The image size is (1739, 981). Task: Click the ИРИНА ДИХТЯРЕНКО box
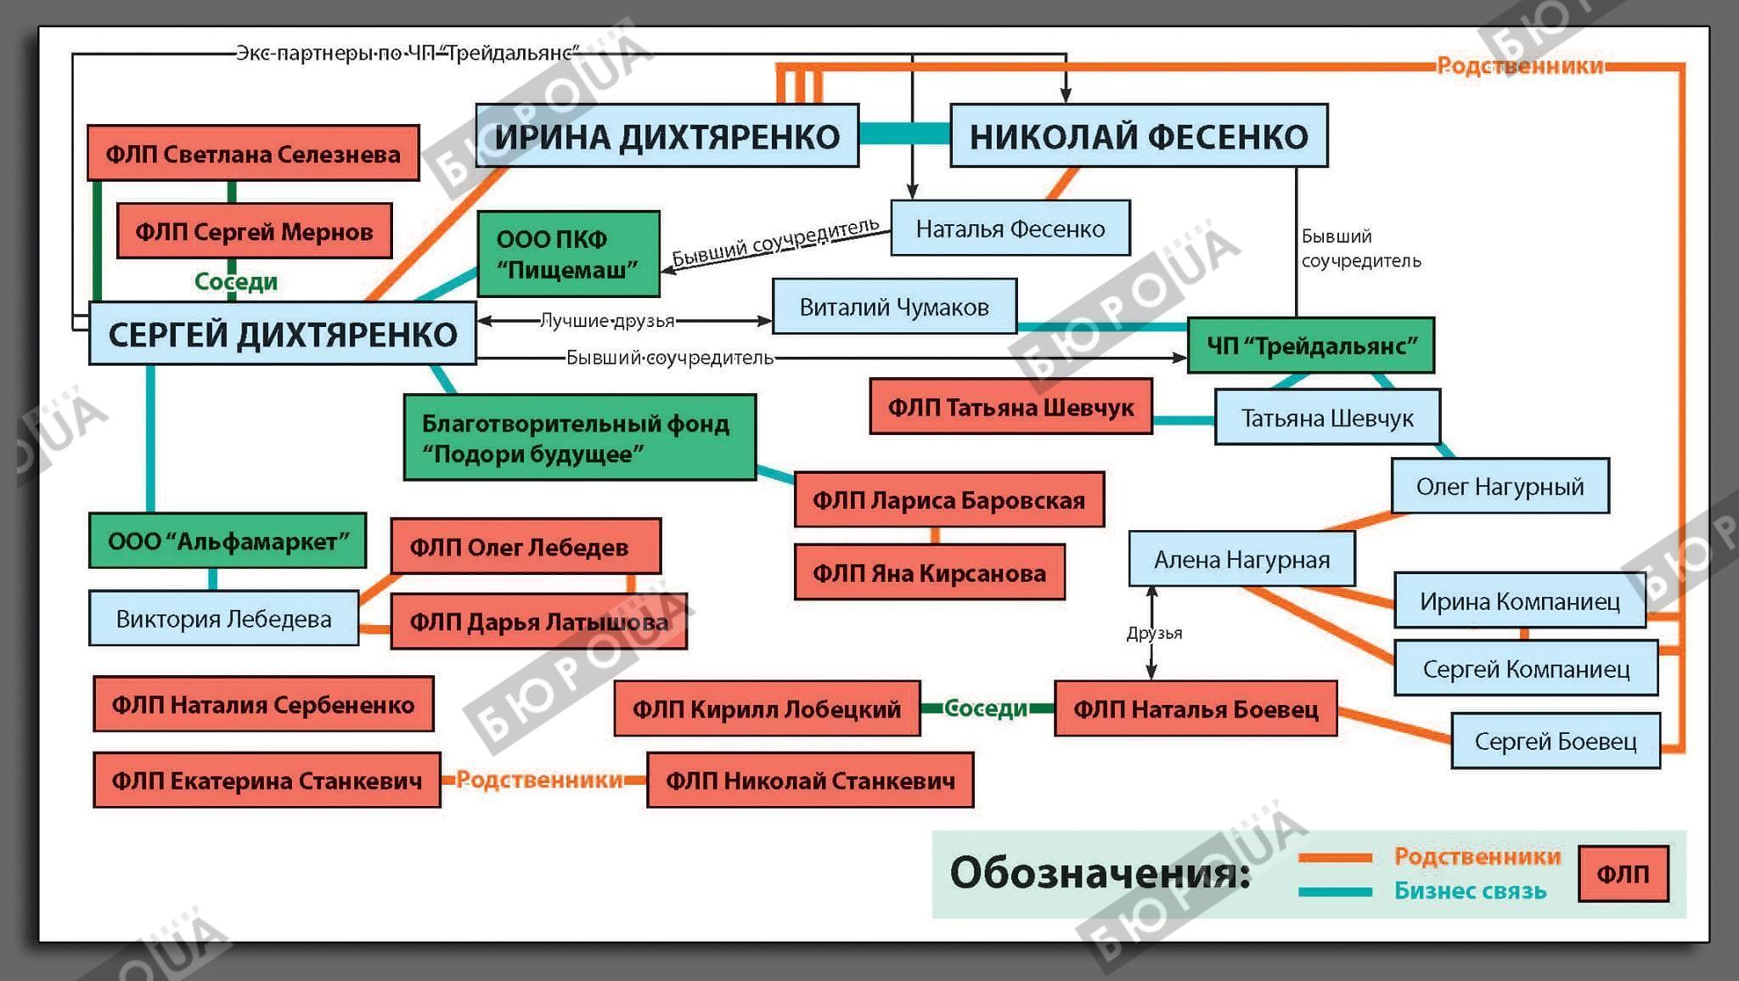667,136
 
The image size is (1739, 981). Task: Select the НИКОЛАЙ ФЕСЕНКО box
1138,136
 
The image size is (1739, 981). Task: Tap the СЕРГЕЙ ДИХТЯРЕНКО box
282,334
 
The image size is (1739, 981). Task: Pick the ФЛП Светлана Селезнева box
253,154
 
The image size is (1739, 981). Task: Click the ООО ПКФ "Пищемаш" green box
568,254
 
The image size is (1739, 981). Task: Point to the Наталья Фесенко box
1010,228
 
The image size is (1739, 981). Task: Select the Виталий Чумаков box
894,307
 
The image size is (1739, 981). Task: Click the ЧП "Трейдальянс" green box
1310,346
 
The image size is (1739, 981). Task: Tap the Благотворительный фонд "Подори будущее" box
579,437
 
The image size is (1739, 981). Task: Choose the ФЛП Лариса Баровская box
948,500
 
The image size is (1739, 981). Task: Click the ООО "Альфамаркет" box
228,541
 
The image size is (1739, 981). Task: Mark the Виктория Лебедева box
223,618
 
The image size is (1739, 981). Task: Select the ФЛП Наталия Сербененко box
263,704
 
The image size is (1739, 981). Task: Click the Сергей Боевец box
1555,741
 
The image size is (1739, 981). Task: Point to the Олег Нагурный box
1500,487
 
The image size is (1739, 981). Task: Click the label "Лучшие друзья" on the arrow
607,321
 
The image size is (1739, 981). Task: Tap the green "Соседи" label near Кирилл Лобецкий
986,708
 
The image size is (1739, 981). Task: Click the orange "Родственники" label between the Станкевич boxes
540,780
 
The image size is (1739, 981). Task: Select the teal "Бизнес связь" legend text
1470,891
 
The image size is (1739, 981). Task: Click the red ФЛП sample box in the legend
1623,874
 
